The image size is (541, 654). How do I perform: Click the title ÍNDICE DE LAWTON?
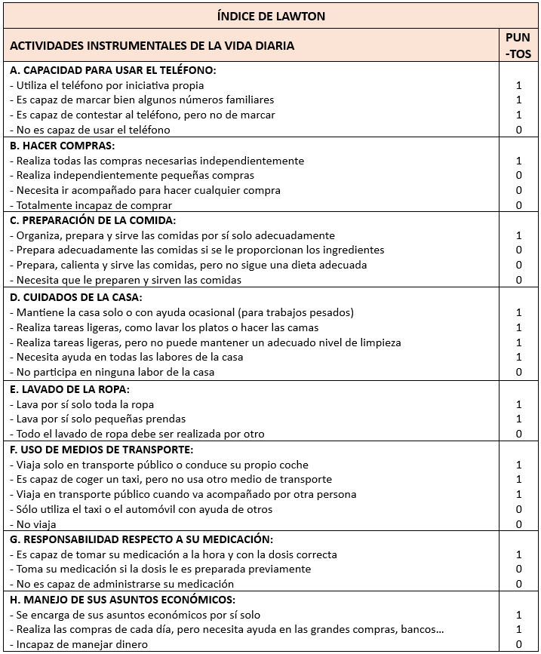[271, 16]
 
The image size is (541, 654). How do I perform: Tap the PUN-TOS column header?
[518, 45]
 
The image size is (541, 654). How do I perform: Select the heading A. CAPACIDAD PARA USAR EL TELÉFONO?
[113, 70]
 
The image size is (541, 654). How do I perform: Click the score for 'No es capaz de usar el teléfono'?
[518, 130]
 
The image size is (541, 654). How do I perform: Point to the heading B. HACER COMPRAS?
[62, 146]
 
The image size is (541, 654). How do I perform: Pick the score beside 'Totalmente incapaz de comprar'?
[518, 205]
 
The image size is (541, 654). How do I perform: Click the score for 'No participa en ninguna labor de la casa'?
[518, 372]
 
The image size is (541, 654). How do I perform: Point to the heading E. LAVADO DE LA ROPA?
[69, 389]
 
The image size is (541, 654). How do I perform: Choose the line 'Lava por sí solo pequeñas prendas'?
[97, 419]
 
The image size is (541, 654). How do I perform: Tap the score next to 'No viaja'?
[518, 524]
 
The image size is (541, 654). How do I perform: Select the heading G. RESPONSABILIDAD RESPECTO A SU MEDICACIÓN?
[141, 539]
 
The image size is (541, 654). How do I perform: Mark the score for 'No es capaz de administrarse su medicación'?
[518, 584]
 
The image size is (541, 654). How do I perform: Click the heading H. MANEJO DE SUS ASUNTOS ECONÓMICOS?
[122, 600]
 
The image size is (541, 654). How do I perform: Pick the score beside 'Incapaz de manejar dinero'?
[518, 644]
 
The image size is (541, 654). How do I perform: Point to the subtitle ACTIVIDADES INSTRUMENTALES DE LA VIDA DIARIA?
[152, 46]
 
